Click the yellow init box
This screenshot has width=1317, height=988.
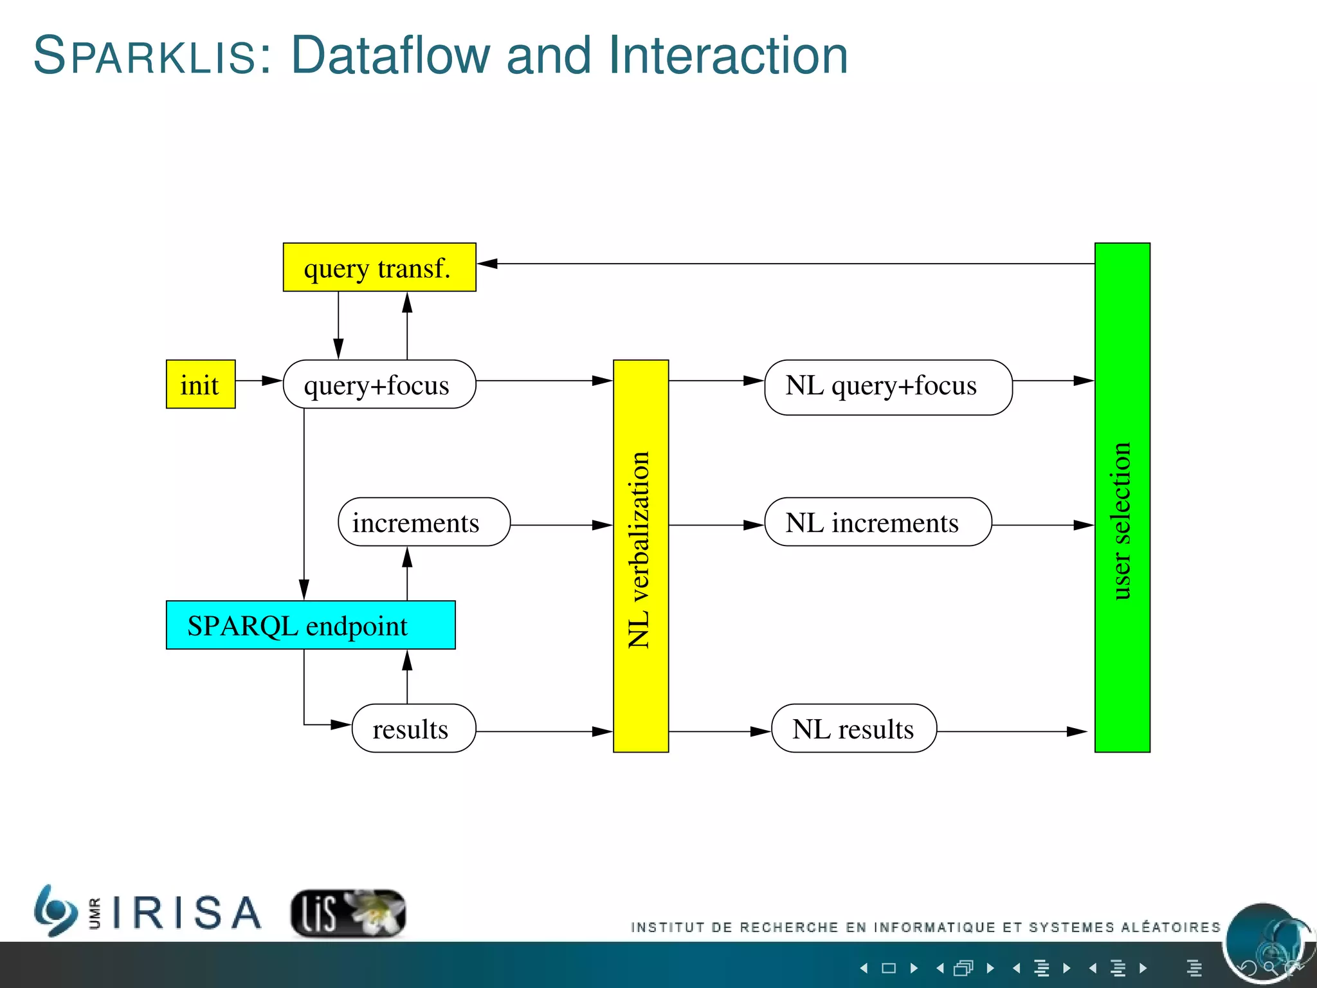[201, 384]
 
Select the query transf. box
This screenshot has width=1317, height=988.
[379, 267]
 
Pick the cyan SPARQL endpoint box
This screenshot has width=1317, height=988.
[311, 625]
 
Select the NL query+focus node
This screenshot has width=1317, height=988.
[888, 387]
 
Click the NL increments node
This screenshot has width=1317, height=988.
[878, 522]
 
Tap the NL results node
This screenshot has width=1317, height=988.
[853, 728]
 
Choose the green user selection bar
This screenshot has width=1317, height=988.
[1122, 497]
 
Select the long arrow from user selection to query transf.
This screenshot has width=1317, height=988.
[785, 264]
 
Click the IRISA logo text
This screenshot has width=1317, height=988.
[186, 912]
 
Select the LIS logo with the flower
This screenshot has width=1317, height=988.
[348, 912]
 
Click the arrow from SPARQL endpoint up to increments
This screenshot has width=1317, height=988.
[407, 572]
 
